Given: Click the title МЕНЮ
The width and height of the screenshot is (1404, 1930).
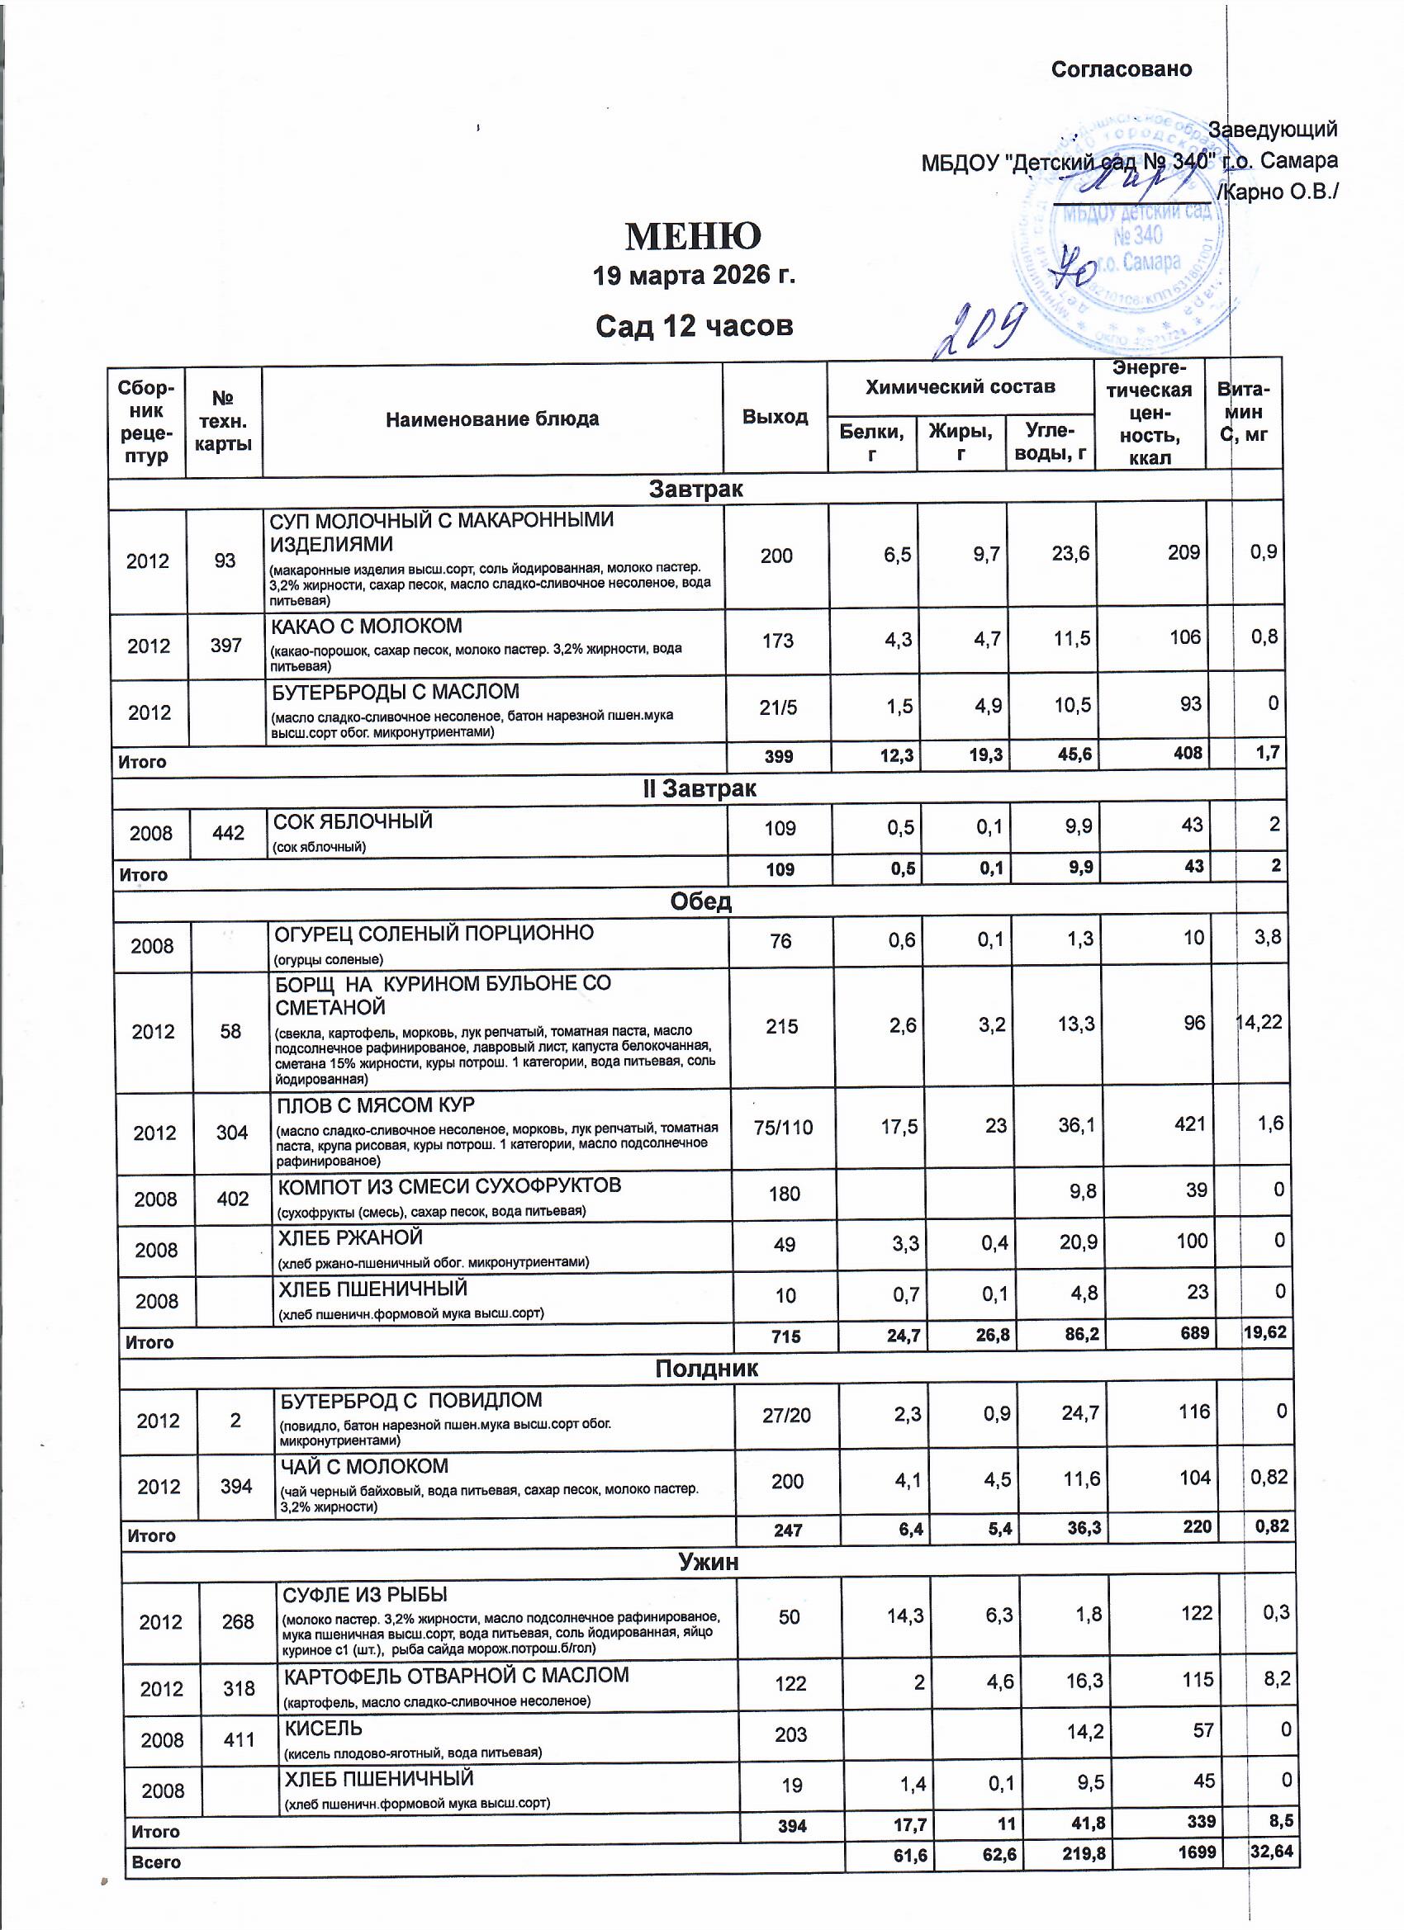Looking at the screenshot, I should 693,237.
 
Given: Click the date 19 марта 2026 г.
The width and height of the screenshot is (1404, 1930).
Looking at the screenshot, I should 694,276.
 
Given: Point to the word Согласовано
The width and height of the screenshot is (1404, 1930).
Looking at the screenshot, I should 1121,70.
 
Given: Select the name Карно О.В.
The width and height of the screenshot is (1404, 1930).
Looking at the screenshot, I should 1278,192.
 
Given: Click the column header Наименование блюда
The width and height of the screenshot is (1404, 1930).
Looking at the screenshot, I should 492,419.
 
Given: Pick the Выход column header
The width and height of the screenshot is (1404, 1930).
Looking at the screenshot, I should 775,417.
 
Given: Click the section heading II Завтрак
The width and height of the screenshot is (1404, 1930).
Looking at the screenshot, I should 699,789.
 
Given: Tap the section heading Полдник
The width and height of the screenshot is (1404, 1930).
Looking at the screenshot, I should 707,1369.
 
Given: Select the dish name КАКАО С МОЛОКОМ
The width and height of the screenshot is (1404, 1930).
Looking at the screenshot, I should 366,627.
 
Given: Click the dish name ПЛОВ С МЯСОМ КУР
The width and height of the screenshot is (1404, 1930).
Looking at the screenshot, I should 377,1105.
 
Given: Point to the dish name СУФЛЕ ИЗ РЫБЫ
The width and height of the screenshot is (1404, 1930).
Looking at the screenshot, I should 365,1595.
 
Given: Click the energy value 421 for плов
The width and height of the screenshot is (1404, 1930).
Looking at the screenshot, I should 1189,1124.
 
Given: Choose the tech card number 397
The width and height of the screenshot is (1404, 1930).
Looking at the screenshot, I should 226,646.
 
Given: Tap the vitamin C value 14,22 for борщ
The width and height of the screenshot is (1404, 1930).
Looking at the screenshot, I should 1259,1022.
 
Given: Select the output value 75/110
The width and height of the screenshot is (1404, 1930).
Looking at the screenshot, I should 783,1128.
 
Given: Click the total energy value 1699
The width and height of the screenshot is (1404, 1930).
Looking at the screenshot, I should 1197,1852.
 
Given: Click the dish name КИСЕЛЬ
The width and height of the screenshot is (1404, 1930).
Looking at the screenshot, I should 324,1729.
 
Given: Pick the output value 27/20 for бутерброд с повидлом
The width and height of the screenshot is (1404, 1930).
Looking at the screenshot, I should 787,1415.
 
